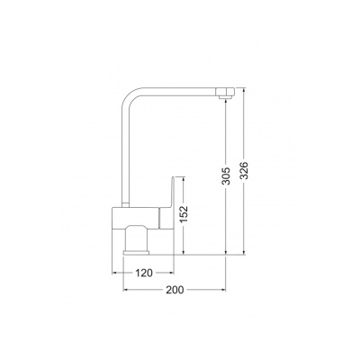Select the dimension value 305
coord(227,175)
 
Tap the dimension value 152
coord(184,214)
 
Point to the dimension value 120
coord(144,273)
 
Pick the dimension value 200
coord(175,290)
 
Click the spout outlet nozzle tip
coord(225,97)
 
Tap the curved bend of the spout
coord(130,95)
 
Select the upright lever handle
coord(172,192)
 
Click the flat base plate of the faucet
coord(136,253)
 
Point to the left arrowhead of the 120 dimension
coord(114,273)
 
